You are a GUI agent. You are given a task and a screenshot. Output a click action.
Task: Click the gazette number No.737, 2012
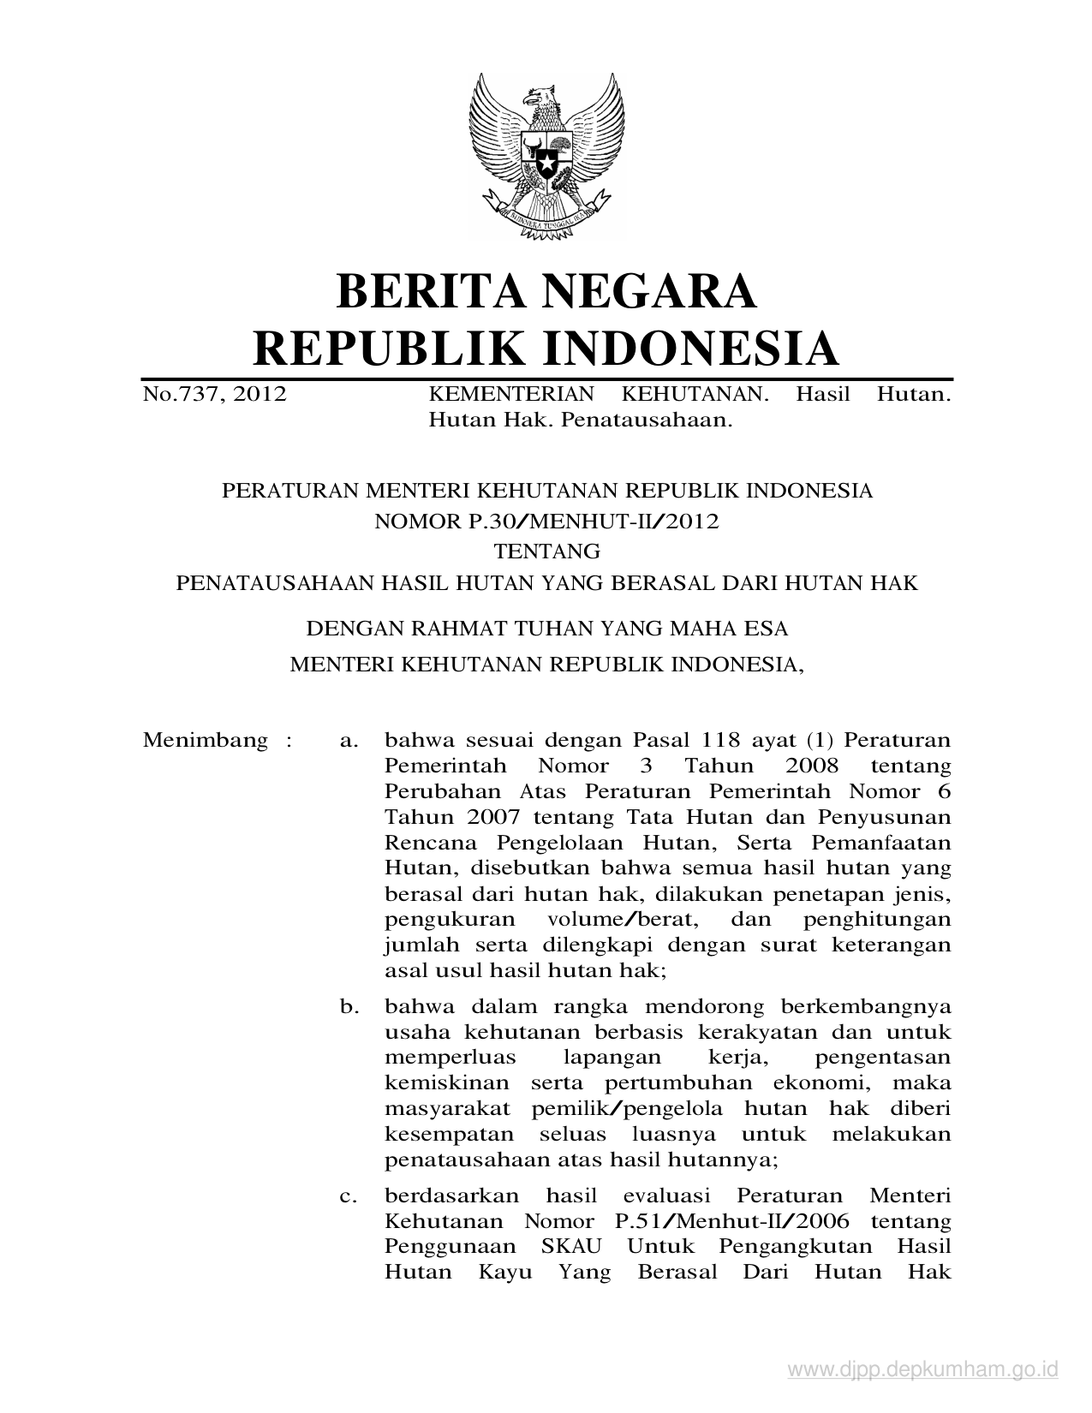pyautogui.click(x=215, y=395)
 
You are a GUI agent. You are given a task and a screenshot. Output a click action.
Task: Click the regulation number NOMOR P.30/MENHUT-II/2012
pyautogui.click(x=546, y=522)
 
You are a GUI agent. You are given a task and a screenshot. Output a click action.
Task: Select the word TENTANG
pyautogui.click(x=546, y=551)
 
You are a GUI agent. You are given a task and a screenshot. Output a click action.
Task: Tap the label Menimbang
pyautogui.click(x=206, y=740)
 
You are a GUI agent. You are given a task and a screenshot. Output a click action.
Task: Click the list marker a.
pyautogui.click(x=349, y=740)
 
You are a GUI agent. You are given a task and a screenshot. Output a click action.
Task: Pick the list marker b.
pyautogui.click(x=349, y=1006)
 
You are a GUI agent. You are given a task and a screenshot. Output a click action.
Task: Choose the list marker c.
pyautogui.click(x=349, y=1195)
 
